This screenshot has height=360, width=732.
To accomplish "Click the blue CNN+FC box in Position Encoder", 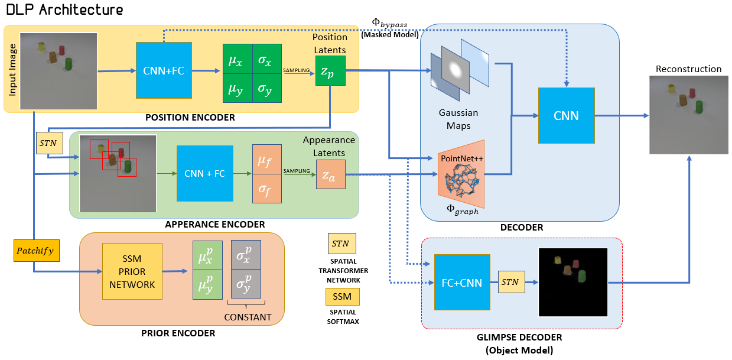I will click(x=164, y=70).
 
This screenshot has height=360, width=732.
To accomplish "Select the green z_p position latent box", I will click(x=330, y=70).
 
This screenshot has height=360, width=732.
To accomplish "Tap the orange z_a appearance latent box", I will click(x=330, y=175).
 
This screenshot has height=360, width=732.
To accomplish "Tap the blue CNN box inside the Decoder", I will click(x=566, y=116).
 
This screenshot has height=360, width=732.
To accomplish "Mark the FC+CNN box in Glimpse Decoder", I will click(x=462, y=283).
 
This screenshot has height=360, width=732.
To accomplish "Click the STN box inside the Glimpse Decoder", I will click(x=510, y=283).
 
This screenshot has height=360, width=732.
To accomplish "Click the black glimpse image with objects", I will click(x=572, y=283).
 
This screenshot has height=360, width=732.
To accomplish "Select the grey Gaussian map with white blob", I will click(x=454, y=70).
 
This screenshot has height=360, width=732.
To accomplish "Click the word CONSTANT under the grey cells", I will click(x=248, y=317).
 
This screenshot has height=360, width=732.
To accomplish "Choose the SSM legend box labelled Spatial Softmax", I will click(x=342, y=296).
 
